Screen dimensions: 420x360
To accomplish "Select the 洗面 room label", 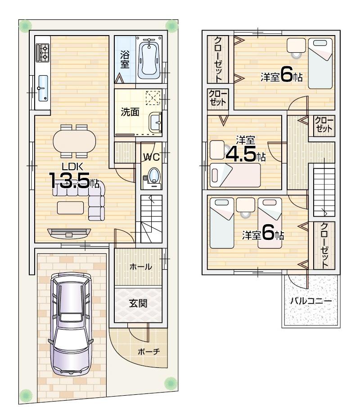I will click(x=130, y=112).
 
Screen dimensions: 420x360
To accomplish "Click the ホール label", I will click(x=140, y=266).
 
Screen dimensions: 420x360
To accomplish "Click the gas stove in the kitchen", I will click(x=43, y=53).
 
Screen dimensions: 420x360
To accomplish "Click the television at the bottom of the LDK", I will click(x=69, y=233).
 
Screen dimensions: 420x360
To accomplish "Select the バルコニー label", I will click(x=310, y=300).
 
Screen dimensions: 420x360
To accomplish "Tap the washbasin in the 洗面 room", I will click(x=156, y=121).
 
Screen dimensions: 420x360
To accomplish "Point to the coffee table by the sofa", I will click(x=70, y=207).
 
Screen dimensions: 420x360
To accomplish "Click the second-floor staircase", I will click(x=323, y=187).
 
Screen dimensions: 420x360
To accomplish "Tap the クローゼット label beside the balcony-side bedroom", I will click(x=324, y=245).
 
